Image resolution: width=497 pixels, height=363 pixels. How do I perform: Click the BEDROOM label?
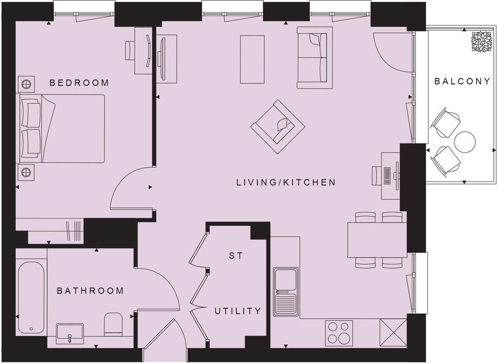point(79,82)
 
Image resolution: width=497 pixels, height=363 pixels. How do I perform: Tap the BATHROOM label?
point(90,291)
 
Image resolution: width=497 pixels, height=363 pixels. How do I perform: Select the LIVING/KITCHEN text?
point(285,183)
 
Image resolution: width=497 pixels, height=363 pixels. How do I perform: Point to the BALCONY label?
point(463,81)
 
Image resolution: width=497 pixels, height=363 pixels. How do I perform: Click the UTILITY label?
point(238,311)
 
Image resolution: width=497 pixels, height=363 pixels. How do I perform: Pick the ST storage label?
point(234,256)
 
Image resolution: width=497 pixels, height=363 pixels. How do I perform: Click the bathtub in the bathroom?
point(31,297)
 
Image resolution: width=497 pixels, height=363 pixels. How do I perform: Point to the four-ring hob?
point(339,332)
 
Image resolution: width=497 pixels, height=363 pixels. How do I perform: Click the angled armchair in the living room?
point(278,127)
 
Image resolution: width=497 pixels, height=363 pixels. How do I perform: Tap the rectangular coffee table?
point(252,58)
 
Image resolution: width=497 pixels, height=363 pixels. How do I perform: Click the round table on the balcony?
point(465,141)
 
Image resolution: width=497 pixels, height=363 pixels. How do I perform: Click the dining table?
point(377,239)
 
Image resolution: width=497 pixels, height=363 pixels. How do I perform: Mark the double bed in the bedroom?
point(63,128)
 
